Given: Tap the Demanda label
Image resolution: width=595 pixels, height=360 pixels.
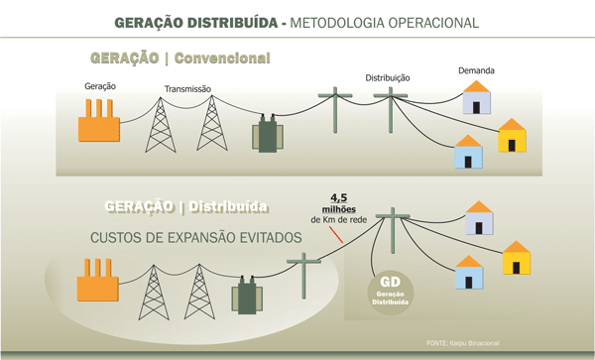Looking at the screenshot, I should click(476, 71).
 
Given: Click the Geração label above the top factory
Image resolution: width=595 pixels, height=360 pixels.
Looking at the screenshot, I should click(100, 86).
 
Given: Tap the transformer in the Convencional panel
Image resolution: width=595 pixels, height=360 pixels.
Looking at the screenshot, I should click(268, 131).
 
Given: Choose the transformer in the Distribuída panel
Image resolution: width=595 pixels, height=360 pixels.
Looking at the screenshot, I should click(246, 296).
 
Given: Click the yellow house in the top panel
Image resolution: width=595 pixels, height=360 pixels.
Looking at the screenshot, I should click(513, 136).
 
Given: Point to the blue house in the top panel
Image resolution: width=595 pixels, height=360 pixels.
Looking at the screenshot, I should click(467, 153).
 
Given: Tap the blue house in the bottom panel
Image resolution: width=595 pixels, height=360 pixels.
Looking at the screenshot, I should click(470, 274).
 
